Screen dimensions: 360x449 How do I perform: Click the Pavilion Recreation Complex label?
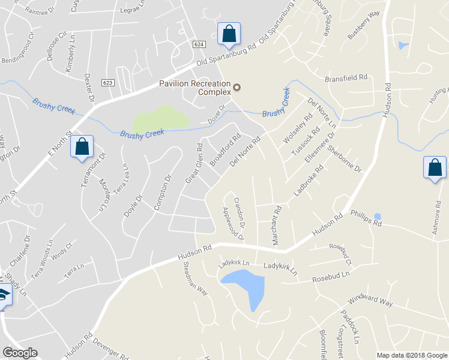coord(194,88)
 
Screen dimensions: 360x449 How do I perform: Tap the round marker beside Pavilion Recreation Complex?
coord(237,88)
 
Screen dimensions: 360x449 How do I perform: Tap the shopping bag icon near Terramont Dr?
coord(82,147)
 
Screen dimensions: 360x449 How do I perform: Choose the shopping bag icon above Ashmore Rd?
coord(435,167)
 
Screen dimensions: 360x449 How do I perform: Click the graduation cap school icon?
coord(4,296)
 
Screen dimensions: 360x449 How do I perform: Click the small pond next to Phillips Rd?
coord(377,217)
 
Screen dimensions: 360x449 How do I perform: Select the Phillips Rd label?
coord(366,218)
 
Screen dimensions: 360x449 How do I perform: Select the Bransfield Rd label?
coord(346,79)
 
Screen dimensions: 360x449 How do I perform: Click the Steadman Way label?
coord(195,280)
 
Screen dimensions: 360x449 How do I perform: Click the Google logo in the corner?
coord(20,353)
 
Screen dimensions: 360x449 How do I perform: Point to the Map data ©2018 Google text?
coord(411,355)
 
